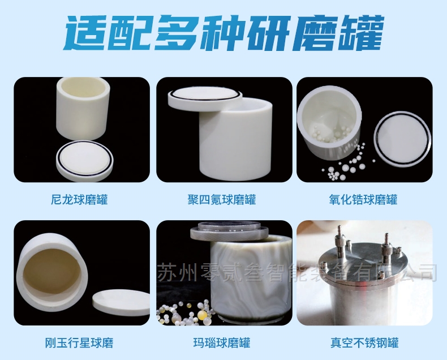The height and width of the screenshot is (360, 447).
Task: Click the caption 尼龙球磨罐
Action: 79,199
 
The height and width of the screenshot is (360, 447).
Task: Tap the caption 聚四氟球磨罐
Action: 222,199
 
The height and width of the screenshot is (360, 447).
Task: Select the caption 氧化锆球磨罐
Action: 363,199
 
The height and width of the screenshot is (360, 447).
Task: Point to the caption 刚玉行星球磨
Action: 79,342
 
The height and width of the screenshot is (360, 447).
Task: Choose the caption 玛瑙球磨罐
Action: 222,342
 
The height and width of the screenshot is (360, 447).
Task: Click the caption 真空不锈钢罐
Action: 364,342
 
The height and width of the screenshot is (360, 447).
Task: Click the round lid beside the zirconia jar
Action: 402,140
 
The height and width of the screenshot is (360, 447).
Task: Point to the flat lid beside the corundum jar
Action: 121,302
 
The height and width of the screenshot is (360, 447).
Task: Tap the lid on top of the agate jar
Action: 230,231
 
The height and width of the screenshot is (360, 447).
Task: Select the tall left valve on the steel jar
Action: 339,242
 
